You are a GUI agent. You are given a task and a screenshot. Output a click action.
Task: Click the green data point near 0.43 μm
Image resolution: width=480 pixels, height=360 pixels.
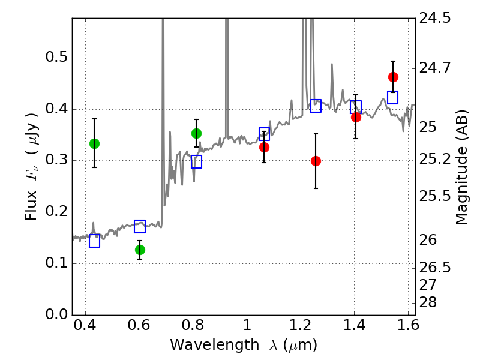(x=95, y=143)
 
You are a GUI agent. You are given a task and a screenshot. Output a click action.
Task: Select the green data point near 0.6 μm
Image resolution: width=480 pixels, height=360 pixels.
(x=140, y=250)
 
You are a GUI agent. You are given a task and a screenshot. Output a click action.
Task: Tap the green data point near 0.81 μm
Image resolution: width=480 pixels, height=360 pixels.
(x=197, y=133)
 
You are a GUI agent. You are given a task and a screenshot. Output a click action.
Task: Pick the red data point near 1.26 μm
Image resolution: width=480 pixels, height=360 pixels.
(x=316, y=161)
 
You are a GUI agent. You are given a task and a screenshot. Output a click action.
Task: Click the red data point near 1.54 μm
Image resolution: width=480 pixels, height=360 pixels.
(x=394, y=77)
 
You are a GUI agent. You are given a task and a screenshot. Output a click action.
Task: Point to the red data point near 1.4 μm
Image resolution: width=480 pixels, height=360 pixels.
(x=356, y=117)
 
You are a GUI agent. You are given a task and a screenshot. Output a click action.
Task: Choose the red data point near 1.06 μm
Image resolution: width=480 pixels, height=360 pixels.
(x=264, y=147)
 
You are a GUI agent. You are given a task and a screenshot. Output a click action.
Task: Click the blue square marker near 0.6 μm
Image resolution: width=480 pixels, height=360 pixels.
(x=140, y=226)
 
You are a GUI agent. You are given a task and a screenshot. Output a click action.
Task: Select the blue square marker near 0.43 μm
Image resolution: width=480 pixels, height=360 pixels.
(x=95, y=241)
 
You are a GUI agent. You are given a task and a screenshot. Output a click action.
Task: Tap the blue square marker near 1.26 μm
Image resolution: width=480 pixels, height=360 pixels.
(x=316, y=106)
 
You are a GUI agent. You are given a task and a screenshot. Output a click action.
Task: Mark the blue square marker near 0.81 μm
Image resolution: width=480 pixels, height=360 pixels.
(x=197, y=161)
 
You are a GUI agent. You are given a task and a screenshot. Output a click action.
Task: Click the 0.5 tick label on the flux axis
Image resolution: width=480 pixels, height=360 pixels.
(x=56, y=57)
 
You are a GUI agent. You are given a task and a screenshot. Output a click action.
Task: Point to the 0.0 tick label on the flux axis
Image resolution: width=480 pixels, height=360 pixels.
(x=56, y=314)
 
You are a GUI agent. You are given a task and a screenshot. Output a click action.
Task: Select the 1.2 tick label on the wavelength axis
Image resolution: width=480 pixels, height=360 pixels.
(x=301, y=325)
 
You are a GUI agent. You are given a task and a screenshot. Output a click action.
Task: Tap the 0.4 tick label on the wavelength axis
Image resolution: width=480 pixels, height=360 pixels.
(x=85, y=325)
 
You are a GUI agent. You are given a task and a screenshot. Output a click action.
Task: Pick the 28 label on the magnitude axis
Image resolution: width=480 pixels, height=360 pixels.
(x=428, y=302)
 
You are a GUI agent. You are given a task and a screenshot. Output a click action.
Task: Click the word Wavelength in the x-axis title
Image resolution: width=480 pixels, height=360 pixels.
(x=215, y=345)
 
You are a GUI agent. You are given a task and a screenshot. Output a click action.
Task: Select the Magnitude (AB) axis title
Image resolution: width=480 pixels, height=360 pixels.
(x=461, y=167)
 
